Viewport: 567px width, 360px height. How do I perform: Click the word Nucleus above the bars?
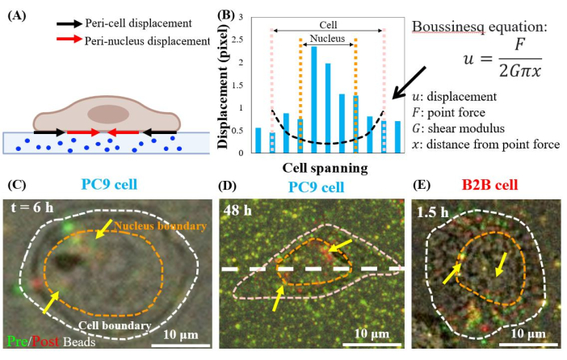(x=328, y=38)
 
